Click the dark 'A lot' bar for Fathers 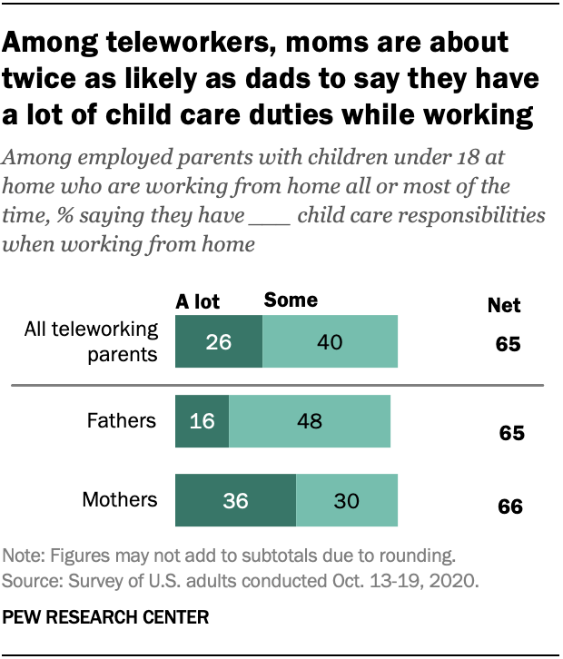click(x=202, y=421)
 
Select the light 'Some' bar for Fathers click(x=309, y=421)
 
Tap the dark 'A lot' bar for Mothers click(x=235, y=500)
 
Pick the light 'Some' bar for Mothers click(x=346, y=500)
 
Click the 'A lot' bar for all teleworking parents click(x=218, y=342)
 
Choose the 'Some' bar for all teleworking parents click(x=330, y=342)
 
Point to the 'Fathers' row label click(x=121, y=421)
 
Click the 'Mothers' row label click(x=120, y=500)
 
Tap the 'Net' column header click(x=504, y=306)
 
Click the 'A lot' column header click(x=197, y=300)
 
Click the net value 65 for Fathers click(x=511, y=433)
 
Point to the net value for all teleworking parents click(x=507, y=346)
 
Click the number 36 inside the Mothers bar click(x=235, y=500)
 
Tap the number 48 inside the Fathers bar click(x=309, y=421)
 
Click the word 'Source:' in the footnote click(x=30, y=579)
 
